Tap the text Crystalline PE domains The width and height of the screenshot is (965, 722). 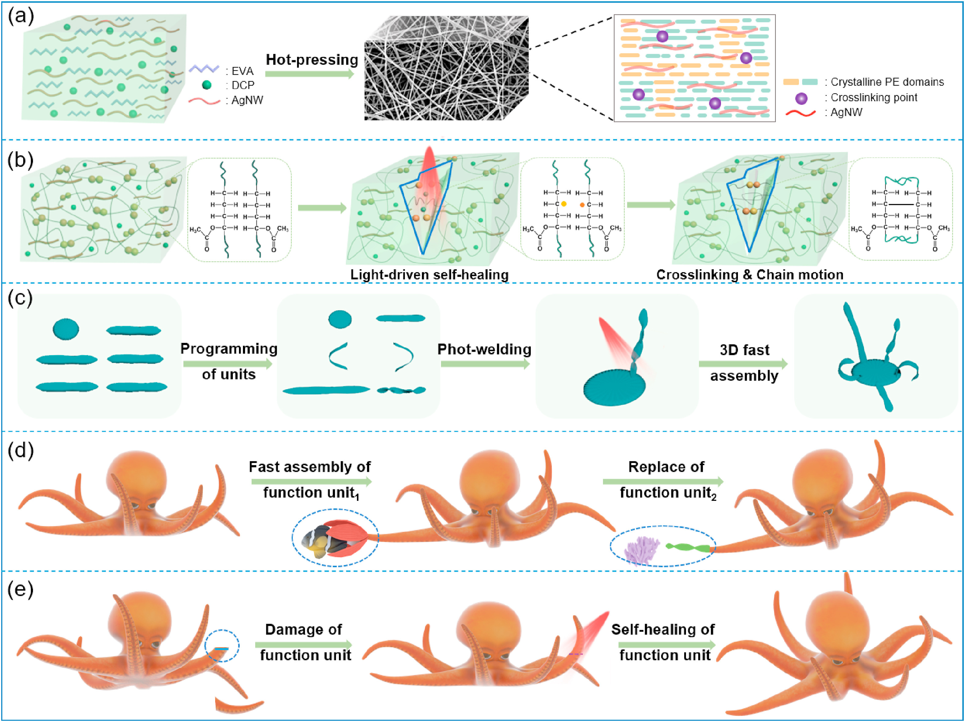point(887,82)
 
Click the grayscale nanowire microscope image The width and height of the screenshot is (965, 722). point(446,68)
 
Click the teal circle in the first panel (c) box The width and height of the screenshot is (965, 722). point(66,329)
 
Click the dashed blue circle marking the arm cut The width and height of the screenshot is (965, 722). point(222,646)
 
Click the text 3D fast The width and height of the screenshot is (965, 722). point(744,350)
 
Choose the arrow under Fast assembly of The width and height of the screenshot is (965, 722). point(311,481)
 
